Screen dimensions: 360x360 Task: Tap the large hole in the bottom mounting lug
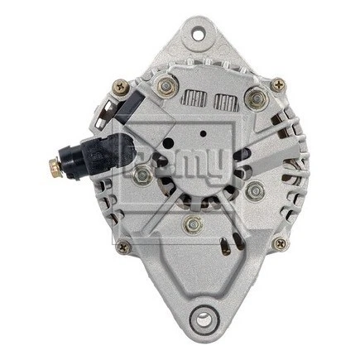pos(199,318)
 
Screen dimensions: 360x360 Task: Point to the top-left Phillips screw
pos(121,84)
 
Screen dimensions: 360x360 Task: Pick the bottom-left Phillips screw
pos(124,245)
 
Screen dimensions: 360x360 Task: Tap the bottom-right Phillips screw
pos(280,243)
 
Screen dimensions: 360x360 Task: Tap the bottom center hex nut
pos(193,223)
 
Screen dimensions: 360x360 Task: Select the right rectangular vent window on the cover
pos(222,102)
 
